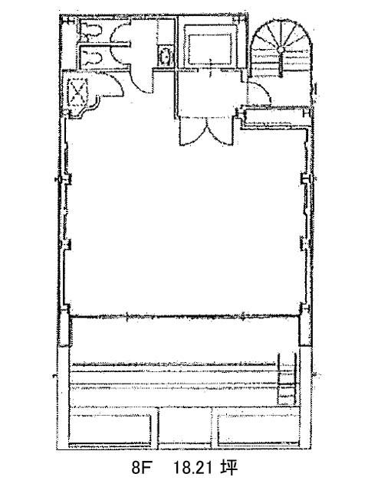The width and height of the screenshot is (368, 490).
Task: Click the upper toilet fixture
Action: coord(91,31)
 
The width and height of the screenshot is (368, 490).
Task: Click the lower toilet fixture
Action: coord(92,58)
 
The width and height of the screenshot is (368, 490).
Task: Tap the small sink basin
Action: coord(165,56)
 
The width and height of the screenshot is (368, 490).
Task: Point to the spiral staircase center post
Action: coord(281,50)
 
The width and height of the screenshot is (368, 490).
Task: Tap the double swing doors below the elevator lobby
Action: coord(206,132)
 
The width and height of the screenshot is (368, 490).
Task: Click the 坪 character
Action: coord(228,468)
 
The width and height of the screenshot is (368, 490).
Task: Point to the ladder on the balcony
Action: coord(287,379)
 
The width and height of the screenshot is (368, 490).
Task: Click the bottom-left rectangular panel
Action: coord(110,429)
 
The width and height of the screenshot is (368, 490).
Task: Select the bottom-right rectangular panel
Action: coord(258,429)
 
